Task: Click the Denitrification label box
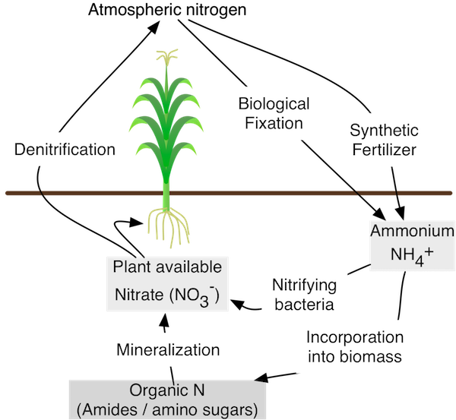tap(64, 149)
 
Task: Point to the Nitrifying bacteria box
tap(303, 295)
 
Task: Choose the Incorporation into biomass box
tap(353, 346)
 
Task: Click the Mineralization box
tap(168, 350)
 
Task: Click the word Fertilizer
tap(383, 150)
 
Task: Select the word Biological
tap(274, 103)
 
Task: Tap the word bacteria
tap(304, 306)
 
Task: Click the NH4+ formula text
tap(411, 255)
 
